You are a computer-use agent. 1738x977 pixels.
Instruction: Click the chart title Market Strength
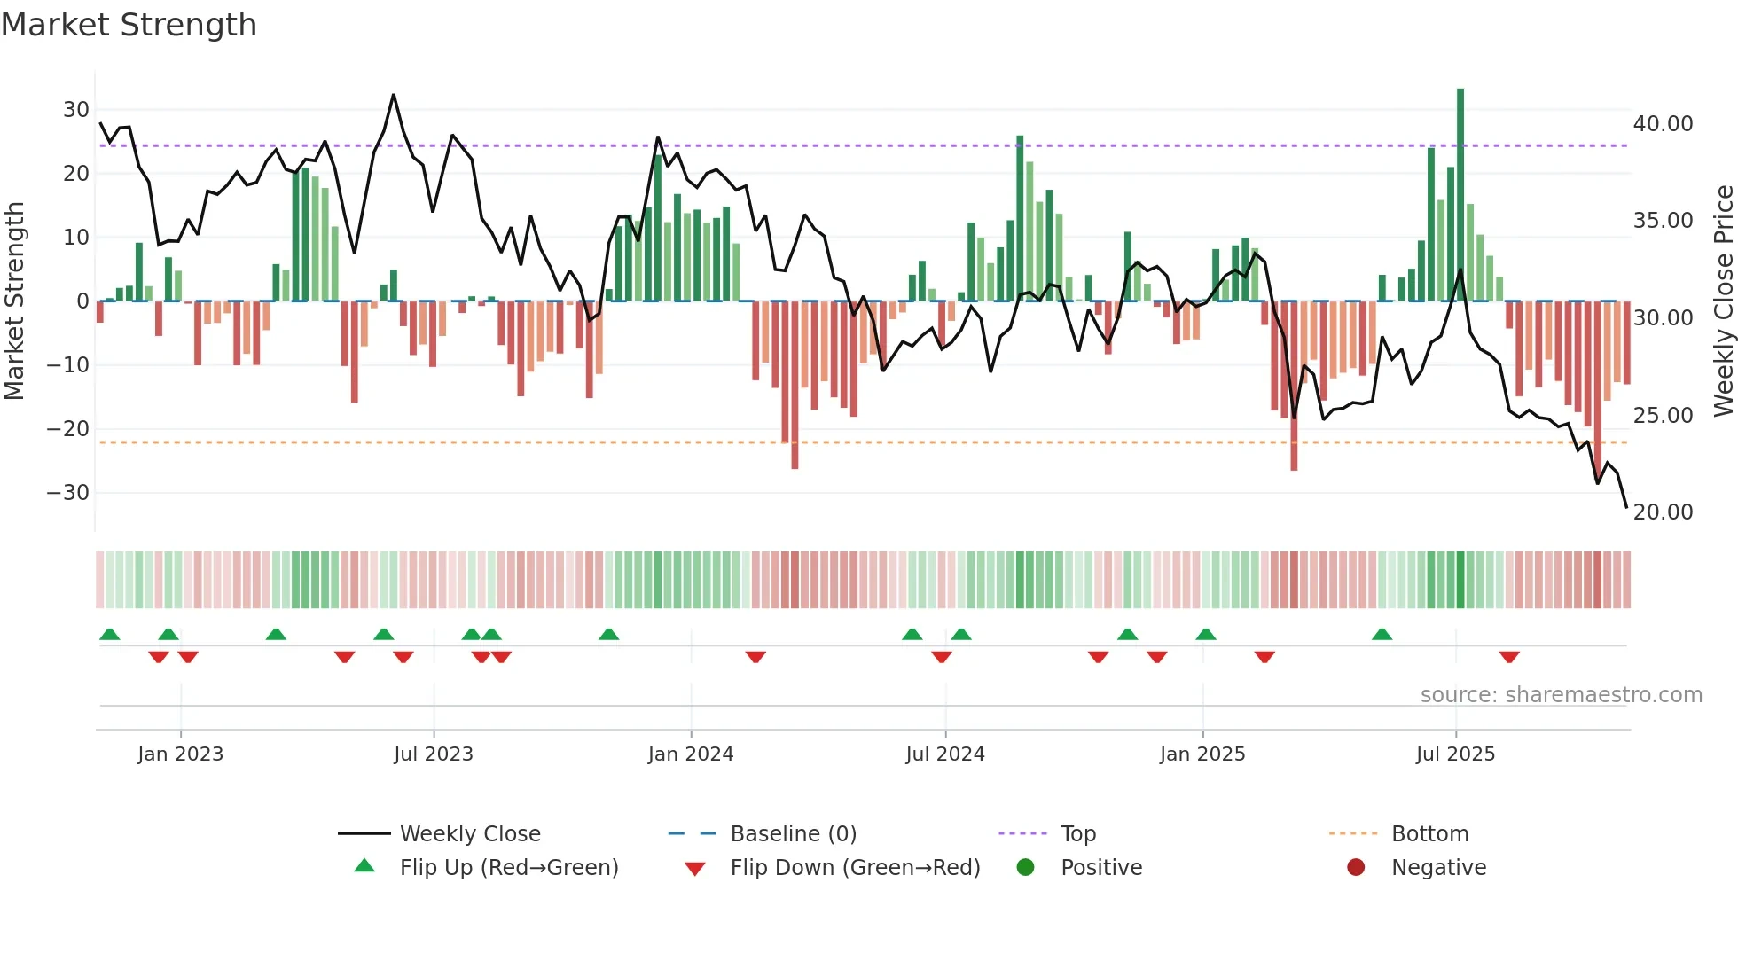129,25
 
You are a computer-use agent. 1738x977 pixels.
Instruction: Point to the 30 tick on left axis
76,110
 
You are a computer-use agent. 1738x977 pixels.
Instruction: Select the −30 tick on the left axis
69,493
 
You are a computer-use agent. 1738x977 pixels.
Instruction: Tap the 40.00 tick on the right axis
1663,124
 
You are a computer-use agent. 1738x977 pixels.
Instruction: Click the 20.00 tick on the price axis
1663,512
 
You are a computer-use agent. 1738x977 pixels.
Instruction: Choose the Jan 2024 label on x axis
690,754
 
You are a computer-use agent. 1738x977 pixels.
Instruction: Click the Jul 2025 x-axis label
1455,754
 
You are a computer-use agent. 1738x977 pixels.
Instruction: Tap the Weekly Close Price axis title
1723,301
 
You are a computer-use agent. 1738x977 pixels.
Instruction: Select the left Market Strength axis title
15,301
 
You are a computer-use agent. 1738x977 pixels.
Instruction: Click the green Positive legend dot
1025,868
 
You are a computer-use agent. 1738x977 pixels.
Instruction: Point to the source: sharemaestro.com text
1561,695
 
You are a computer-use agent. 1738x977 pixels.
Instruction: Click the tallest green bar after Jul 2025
1460,195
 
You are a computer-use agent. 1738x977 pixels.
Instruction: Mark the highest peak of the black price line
394,95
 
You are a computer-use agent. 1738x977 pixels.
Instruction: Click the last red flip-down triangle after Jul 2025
1509,657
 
